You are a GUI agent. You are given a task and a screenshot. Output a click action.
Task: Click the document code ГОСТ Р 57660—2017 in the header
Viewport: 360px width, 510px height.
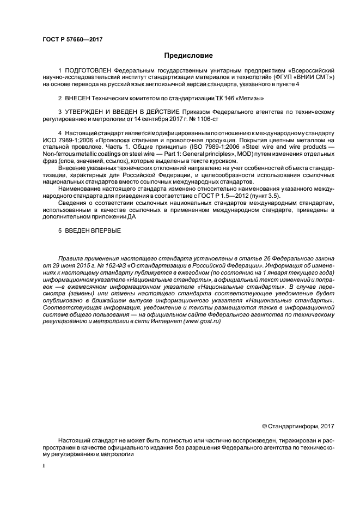(x=72, y=40)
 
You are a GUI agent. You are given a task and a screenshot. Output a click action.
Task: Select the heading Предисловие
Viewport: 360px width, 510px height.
(x=188, y=56)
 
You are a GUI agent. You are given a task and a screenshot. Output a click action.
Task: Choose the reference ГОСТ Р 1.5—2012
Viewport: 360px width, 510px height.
(x=241, y=195)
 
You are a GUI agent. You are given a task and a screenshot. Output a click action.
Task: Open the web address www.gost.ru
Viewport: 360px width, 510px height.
(x=202, y=321)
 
